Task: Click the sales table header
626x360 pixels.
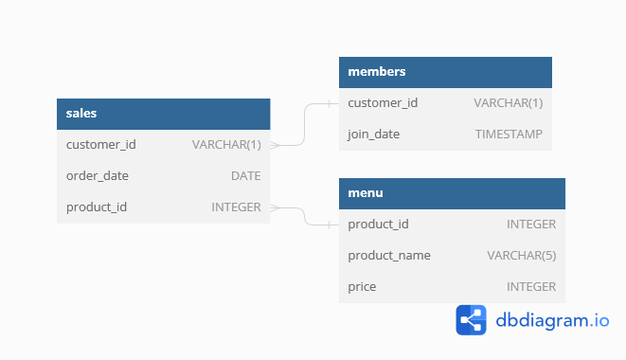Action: tap(81, 114)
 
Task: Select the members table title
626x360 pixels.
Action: tap(377, 72)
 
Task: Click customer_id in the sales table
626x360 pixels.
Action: tap(101, 145)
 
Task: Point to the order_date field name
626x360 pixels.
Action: tap(98, 175)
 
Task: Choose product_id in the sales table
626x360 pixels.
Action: tap(97, 207)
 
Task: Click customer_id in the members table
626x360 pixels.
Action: tap(383, 103)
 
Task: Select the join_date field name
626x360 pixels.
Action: tap(374, 135)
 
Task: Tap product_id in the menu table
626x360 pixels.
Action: tap(379, 225)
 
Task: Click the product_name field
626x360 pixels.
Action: tap(389, 255)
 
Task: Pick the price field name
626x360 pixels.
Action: tap(362, 286)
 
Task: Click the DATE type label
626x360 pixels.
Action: tap(245, 175)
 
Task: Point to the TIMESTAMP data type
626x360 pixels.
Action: tap(509, 135)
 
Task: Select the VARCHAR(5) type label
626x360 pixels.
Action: tap(521, 255)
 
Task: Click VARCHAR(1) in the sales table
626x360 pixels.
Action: tap(226, 145)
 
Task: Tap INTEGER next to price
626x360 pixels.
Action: tap(531, 286)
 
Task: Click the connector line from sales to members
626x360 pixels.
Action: tap(305, 124)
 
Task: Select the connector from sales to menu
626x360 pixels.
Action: tap(305, 216)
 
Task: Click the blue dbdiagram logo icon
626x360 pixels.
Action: tap(472, 320)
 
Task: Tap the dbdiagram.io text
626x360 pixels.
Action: tap(552, 320)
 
